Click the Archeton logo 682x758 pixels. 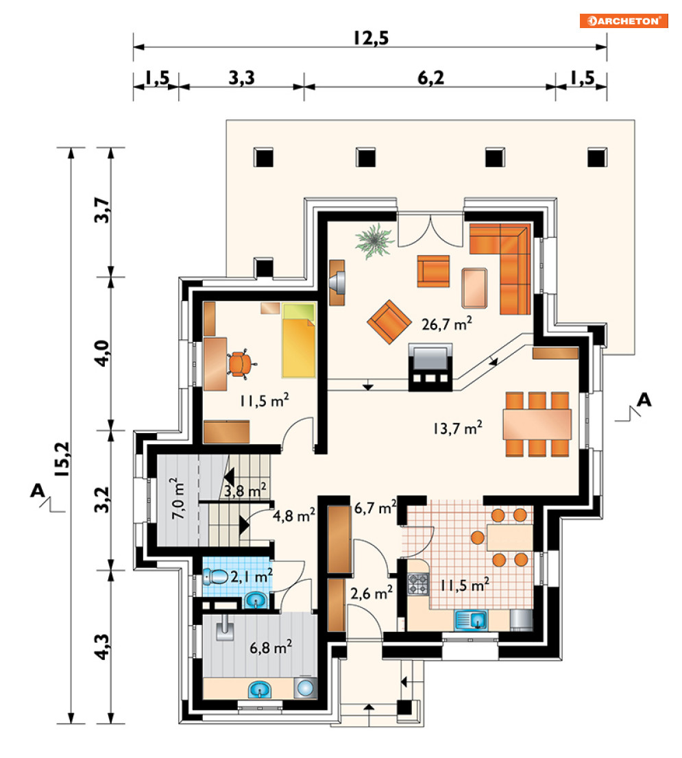point(624,21)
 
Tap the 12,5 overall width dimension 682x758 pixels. point(371,38)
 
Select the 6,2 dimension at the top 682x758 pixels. point(430,78)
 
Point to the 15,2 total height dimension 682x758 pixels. point(62,459)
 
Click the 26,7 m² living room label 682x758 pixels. point(447,324)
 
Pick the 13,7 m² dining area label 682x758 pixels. point(458,428)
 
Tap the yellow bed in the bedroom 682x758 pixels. point(299,341)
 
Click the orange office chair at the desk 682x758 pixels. point(240,364)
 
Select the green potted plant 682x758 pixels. point(374,241)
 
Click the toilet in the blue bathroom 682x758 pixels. point(216,576)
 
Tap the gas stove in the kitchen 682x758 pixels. point(418,583)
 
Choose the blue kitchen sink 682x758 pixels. point(471,620)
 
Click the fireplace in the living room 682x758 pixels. point(430,367)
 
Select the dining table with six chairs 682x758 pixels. point(537,424)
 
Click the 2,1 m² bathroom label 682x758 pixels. point(252,576)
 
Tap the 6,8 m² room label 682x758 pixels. point(271,647)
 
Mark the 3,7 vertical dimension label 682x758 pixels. point(102,210)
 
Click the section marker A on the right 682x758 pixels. point(644,400)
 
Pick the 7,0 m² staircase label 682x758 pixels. point(178,499)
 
